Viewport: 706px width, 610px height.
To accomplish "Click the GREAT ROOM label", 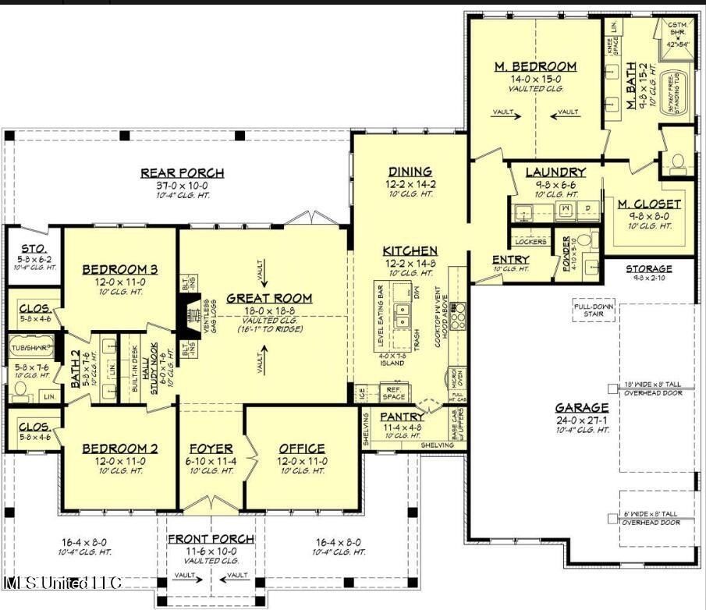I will point(269,298).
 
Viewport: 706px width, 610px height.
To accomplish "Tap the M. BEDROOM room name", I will point(535,66).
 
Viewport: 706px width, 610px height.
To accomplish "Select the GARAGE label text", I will point(581,407).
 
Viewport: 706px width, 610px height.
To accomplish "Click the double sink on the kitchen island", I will point(403,315).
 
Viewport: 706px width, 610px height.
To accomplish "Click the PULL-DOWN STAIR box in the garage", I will point(595,309).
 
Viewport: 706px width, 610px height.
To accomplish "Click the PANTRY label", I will point(402,417).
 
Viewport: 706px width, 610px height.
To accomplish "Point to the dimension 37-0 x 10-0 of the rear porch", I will point(182,186).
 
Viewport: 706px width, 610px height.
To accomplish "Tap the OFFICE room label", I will point(302,449).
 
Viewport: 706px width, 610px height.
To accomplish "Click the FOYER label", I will point(211,449).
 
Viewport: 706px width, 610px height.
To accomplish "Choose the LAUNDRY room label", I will point(555,172).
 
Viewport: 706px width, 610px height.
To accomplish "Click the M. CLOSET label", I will point(649,204).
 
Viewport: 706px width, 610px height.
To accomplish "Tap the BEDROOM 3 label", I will point(120,270).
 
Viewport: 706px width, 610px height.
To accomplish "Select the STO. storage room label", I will point(32,248).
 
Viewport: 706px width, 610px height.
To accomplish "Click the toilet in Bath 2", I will point(21,388).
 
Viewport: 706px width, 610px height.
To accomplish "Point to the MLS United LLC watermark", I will point(62,583).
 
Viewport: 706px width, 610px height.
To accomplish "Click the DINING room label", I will point(410,172).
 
